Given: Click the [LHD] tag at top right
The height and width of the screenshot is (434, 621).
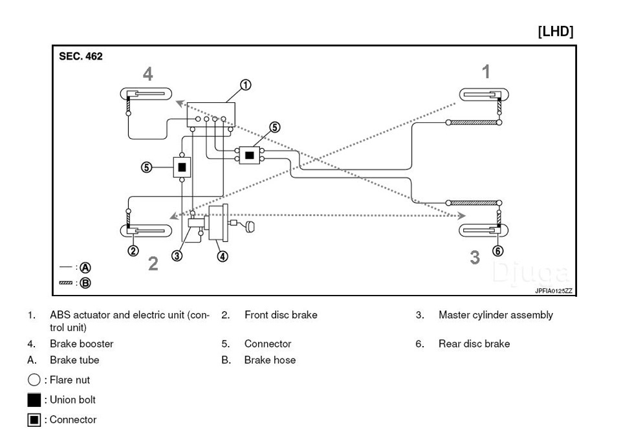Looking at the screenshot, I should [x=555, y=32].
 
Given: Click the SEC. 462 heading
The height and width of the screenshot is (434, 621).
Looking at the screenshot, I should [x=81, y=56].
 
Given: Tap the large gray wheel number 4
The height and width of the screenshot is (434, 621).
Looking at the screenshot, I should [x=147, y=74].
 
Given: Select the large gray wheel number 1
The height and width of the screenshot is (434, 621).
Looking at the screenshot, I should [x=486, y=72].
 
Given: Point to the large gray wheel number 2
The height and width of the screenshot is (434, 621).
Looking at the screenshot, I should [x=153, y=263].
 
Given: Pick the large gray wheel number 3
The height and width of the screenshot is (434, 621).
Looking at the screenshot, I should [x=475, y=257].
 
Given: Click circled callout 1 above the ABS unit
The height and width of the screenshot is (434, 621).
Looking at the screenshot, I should [x=245, y=84].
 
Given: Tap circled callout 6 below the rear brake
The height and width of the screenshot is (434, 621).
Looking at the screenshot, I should [x=497, y=251].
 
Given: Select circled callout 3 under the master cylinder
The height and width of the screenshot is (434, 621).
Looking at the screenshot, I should [x=176, y=255].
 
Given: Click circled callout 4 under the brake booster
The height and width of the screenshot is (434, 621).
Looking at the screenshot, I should [x=222, y=256].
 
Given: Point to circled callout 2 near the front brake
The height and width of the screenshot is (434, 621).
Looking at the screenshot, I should [x=133, y=251].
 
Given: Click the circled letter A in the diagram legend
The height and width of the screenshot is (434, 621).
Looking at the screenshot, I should [x=85, y=268].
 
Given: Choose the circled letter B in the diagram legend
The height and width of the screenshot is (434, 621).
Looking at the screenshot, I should [x=85, y=283].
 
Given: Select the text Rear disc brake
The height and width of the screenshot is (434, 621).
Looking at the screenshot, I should [x=474, y=344].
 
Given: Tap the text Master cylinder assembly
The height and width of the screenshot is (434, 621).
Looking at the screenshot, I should [x=496, y=315].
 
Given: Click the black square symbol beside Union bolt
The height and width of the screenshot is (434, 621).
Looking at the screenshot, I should [x=34, y=400].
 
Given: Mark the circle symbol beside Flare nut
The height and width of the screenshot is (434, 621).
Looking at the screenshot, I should [x=34, y=380].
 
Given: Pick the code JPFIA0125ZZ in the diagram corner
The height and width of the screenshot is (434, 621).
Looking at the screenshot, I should [x=553, y=291].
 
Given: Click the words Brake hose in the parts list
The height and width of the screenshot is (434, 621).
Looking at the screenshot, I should [x=270, y=360].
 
